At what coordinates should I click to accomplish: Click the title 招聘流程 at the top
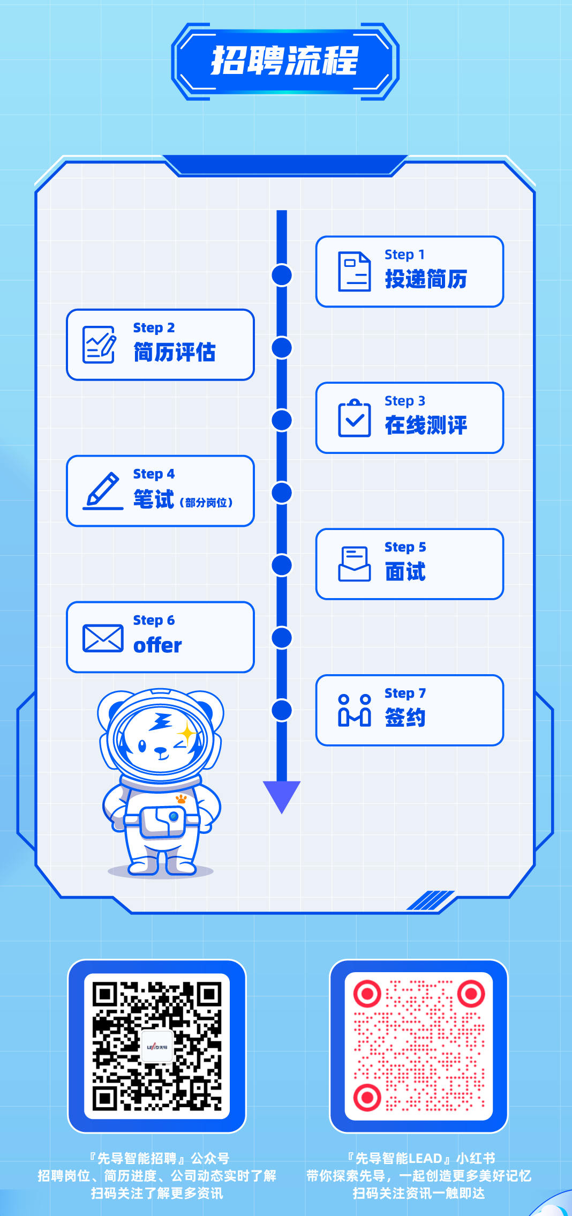point(285,61)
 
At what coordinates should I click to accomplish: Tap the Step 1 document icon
point(354,272)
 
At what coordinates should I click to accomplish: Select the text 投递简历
point(426,279)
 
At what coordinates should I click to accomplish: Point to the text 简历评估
point(175,353)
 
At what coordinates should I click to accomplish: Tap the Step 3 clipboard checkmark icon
point(354,418)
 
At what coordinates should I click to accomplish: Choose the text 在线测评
point(426,426)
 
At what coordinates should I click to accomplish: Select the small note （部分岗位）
point(206,503)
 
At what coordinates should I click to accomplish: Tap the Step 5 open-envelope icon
point(354,564)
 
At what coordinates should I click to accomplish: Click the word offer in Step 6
point(157,645)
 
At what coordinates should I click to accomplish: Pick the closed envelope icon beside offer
point(103,638)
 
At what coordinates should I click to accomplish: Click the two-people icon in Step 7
point(354,710)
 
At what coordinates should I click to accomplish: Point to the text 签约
point(405,718)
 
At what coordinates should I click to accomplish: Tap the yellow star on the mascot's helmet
point(187,732)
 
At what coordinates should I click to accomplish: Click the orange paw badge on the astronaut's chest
point(182,799)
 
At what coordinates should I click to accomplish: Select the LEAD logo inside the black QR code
point(157,1046)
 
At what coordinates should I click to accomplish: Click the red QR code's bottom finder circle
point(367,1097)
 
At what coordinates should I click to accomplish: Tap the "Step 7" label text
point(405,693)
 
